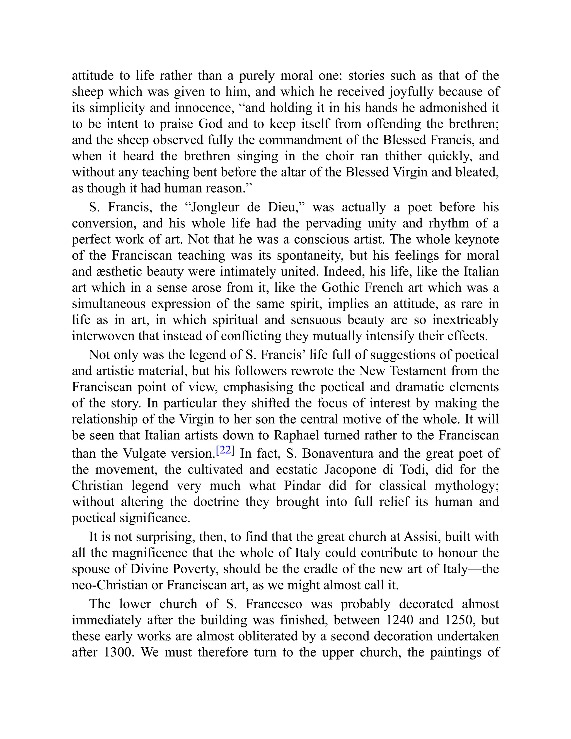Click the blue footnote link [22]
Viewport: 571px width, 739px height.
coord(225,450)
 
